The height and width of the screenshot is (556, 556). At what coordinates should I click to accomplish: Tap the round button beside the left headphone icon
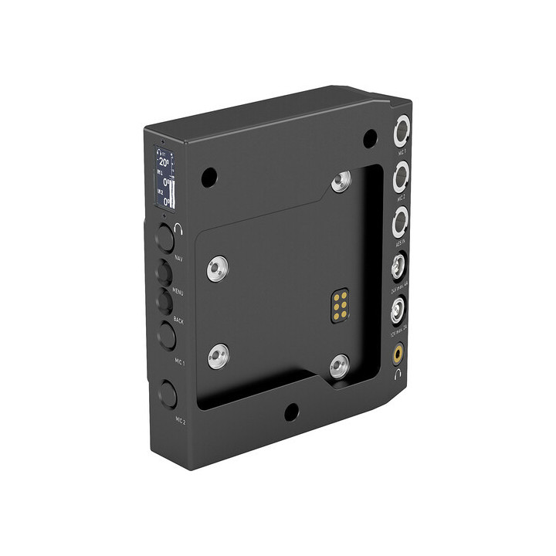(x=164, y=237)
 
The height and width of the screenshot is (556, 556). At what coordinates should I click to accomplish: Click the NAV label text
(x=178, y=257)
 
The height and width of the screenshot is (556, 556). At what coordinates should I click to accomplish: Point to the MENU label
(x=178, y=291)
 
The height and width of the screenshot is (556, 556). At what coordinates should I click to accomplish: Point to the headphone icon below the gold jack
(x=397, y=375)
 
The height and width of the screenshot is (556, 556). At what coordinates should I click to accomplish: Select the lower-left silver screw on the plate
(x=218, y=356)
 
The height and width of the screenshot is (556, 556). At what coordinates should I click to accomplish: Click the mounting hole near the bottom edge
(x=291, y=412)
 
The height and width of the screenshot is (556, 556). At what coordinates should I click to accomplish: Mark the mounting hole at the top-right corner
(x=370, y=138)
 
